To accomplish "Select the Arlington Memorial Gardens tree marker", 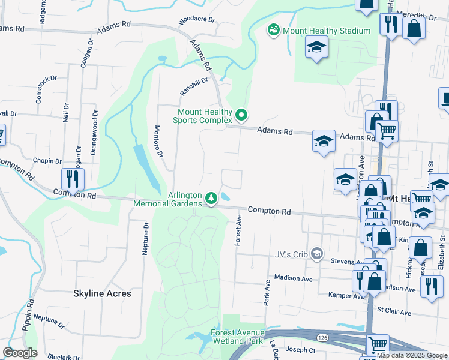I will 211,197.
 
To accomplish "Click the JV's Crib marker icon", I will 316,254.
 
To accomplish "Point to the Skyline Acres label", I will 102,294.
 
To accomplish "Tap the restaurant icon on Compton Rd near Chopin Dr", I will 73,179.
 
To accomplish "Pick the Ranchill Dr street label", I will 194,87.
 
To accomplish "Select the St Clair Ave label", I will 394,313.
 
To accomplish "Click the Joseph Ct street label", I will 301,350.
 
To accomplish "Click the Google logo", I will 20,353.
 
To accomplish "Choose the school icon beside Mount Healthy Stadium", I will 316,48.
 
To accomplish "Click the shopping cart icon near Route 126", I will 377,344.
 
